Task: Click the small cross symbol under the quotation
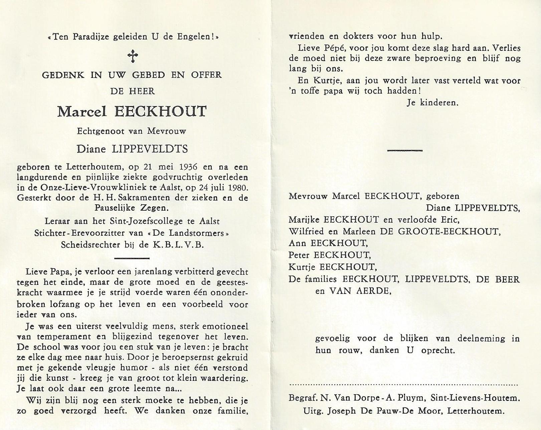tap(133, 56)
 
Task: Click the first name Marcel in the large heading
tap(82, 111)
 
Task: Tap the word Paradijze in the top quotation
tap(86, 36)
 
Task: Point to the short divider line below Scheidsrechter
tap(131, 258)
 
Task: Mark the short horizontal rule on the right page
tap(404, 150)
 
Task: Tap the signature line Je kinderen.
tap(432, 103)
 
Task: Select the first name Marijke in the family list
tap(300, 220)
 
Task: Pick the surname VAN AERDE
tap(360, 291)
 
